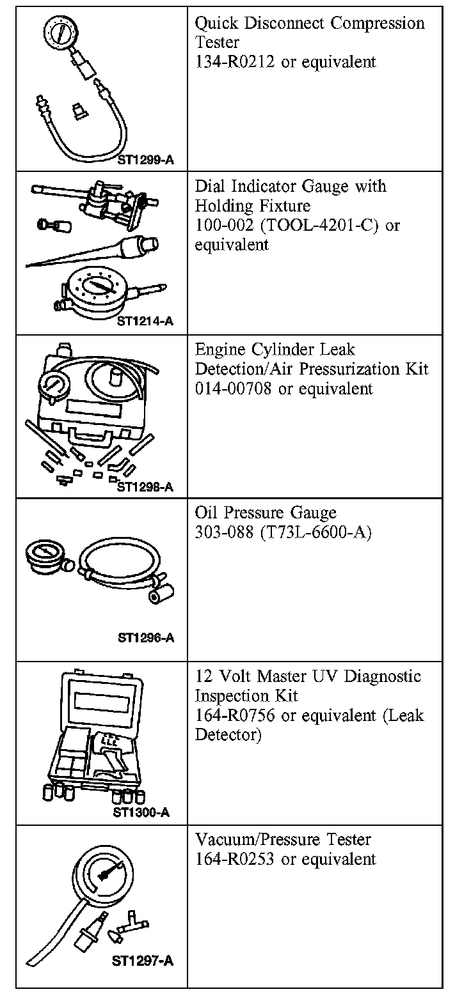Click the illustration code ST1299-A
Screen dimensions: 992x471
(145, 160)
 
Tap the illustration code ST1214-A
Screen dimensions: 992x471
(145, 322)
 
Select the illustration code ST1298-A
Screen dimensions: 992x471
(145, 487)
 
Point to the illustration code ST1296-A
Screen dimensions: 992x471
(145, 637)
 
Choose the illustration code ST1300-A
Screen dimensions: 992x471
(141, 812)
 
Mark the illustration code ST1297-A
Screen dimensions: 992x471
(142, 960)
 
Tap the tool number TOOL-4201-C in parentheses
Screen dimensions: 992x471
(320, 226)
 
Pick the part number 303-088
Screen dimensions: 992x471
(225, 532)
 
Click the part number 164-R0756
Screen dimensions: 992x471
(235, 715)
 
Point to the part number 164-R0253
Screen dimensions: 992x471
(235, 859)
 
